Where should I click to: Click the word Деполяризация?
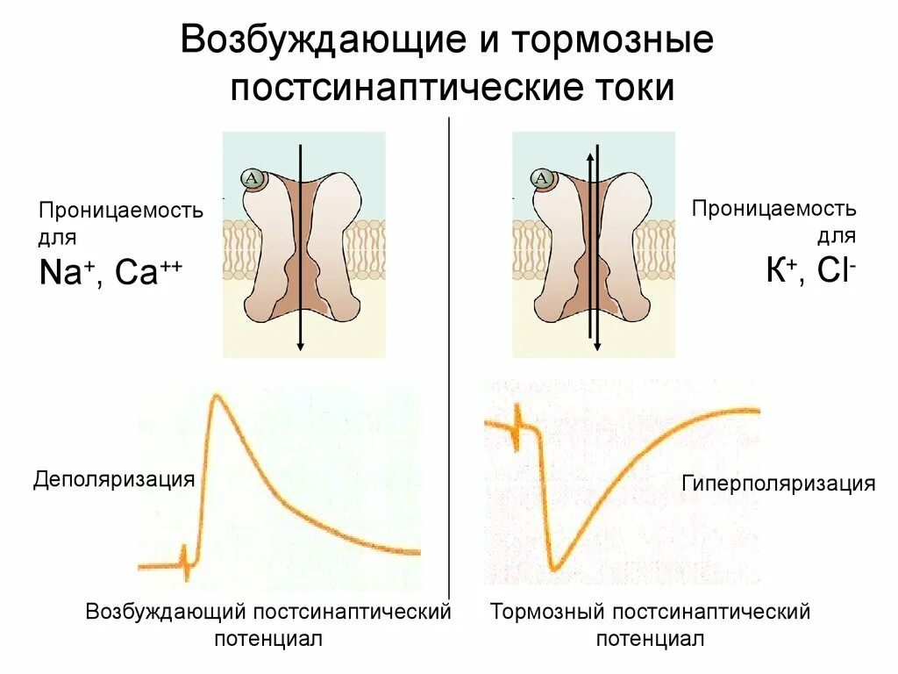tap(113, 479)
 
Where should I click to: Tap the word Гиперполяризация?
tap(778, 484)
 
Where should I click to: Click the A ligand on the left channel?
tap(253, 180)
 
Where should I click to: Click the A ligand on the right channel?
tap(542, 180)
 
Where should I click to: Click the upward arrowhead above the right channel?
tap(590, 155)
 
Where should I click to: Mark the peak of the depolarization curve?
tap(214, 399)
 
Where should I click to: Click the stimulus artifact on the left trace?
tap(185, 562)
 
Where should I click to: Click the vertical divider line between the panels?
tap(449, 351)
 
